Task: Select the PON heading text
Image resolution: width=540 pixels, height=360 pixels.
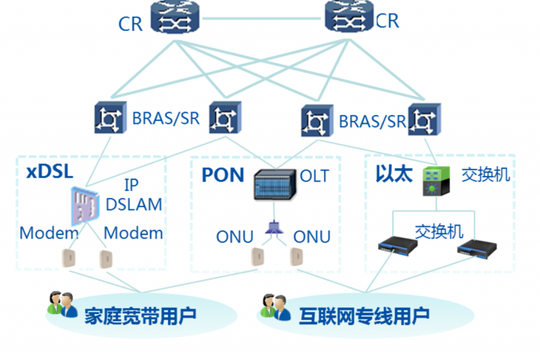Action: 222,175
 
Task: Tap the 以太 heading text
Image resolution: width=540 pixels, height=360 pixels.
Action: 394,174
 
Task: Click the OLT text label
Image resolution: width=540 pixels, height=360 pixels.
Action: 315,176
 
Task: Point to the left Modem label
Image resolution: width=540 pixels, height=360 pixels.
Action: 49,234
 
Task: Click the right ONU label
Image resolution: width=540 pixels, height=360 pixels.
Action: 312,237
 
